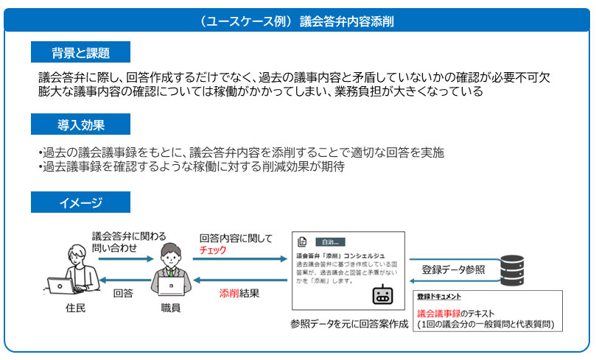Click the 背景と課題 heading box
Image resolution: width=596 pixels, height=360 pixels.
tap(80, 52)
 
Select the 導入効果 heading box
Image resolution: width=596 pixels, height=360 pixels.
tap(80, 124)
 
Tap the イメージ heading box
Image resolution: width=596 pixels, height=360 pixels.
tap(80, 202)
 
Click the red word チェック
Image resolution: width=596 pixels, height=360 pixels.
tap(213, 250)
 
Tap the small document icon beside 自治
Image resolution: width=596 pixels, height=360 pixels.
tap(302, 241)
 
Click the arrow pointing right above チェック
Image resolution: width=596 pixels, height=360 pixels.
tap(240, 259)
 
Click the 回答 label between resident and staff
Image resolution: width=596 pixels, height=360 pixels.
tap(123, 292)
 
